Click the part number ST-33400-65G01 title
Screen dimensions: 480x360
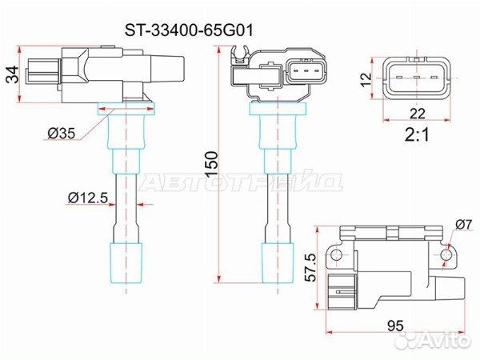click(x=189, y=30)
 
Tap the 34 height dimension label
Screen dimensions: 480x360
click(x=13, y=74)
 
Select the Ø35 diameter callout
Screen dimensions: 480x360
click(x=62, y=133)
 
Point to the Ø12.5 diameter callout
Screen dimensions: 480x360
click(x=88, y=198)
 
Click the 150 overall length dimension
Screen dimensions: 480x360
click(x=212, y=164)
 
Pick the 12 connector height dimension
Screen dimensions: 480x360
click(x=366, y=79)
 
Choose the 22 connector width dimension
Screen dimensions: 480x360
click(x=418, y=114)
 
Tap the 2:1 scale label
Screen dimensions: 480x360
click(x=417, y=134)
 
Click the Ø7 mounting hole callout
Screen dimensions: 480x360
click(x=464, y=224)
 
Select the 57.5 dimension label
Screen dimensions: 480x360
click(x=312, y=266)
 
